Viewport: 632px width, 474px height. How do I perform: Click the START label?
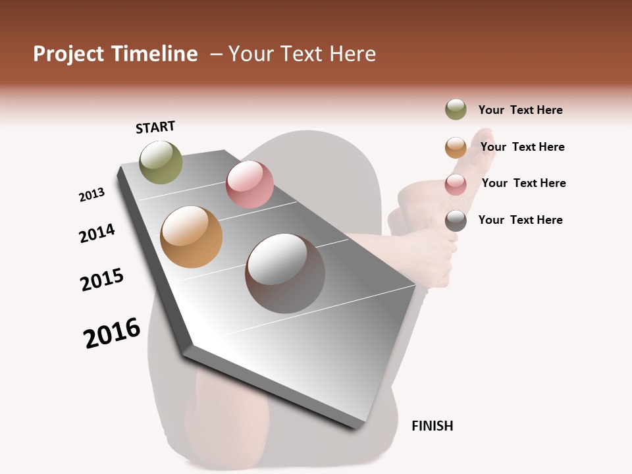tap(155, 127)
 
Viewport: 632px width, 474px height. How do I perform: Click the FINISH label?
tap(432, 426)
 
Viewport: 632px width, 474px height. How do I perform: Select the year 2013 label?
tap(92, 195)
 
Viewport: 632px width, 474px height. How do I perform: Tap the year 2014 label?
tap(97, 233)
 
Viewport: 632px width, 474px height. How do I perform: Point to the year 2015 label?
tap(102, 280)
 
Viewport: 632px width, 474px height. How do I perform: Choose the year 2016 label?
tap(112, 333)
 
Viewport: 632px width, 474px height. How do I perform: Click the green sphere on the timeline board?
tap(161, 162)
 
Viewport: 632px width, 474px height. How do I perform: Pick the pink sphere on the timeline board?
tap(250, 184)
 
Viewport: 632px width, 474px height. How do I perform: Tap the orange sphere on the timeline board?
tap(192, 237)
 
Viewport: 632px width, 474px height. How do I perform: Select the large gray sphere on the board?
tap(285, 273)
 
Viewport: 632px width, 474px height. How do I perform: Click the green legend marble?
tap(456, 110)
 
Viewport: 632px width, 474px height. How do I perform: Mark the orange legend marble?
tap(456, 147)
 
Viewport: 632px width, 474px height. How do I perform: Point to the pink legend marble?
tap(456, 184)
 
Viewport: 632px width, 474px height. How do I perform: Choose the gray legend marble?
tap(456, 221)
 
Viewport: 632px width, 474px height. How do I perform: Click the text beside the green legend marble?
tap(520, 111)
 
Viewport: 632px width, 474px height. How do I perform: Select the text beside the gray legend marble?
tap(520, 220)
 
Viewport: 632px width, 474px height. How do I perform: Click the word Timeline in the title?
tap(154, 54)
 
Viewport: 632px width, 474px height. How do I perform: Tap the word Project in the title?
tap(68, 54)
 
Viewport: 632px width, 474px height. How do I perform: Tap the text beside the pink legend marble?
tap(523, 183)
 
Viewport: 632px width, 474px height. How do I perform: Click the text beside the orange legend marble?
tap(522, 147)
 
